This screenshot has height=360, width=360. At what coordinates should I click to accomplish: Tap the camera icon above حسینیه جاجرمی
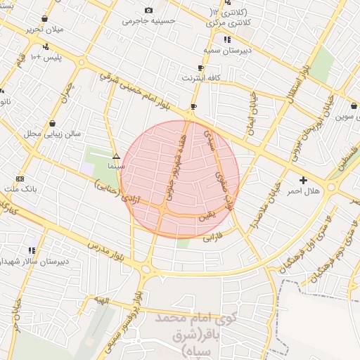point(148,10)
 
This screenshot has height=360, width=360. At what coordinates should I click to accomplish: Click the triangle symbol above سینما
point(116,156)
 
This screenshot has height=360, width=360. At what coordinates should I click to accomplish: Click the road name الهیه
point(98,300)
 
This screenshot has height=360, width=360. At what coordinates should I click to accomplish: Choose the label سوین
point(347,117)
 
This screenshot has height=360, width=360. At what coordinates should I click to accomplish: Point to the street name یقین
point(205,214)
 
